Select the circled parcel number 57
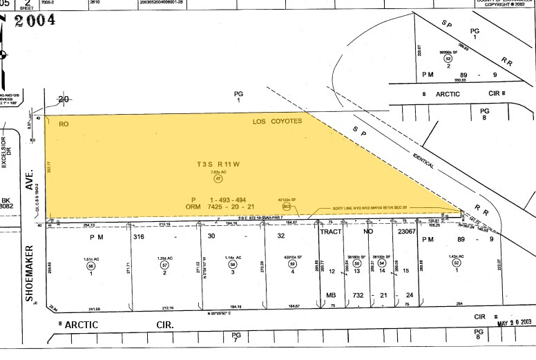coord(164,265)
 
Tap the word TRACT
coord(331,233)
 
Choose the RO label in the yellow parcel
coord(64,124)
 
